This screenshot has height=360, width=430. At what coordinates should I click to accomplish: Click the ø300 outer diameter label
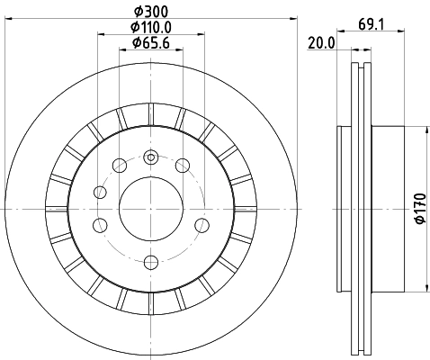149,10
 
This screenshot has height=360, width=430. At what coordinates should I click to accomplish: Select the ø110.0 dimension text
149,26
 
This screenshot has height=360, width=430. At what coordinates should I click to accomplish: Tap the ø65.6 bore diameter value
149,42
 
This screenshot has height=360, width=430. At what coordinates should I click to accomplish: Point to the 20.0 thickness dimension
321,42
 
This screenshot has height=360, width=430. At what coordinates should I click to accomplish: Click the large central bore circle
150,209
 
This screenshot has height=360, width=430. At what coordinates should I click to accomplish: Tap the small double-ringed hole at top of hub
151,157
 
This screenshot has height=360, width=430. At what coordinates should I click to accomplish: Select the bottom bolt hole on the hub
150,262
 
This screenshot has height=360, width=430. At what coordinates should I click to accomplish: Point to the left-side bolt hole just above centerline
101,192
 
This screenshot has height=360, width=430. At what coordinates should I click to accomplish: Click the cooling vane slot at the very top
150,115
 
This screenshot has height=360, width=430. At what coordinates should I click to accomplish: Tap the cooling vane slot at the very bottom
150,303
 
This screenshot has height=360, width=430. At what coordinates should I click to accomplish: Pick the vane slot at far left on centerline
57,209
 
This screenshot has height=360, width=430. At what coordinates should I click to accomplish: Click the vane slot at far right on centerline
244,209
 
